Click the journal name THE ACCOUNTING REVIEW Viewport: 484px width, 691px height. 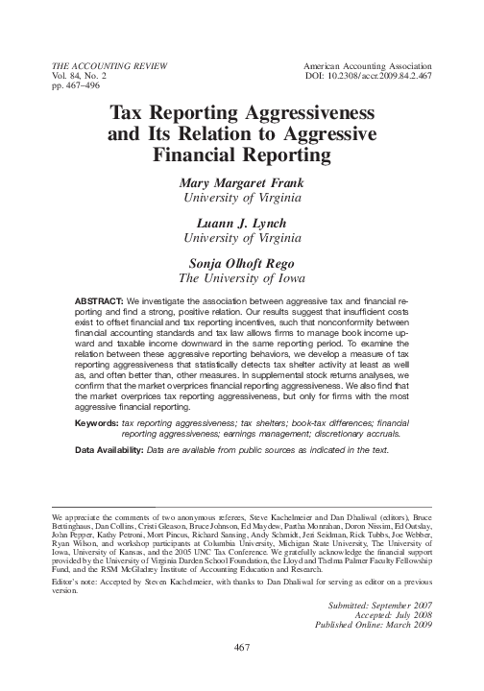pyautogui.click(x=101, y=63)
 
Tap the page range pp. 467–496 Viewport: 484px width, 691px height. pyautogui.click(x=72, y=84)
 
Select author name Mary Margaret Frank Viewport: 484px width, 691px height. pyautogui.click(x=241, y=183)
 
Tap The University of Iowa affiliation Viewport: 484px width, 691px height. pyautogui.click(x=241, y=276)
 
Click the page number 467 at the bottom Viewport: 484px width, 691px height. pyautogui.click(x=242, y=675)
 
